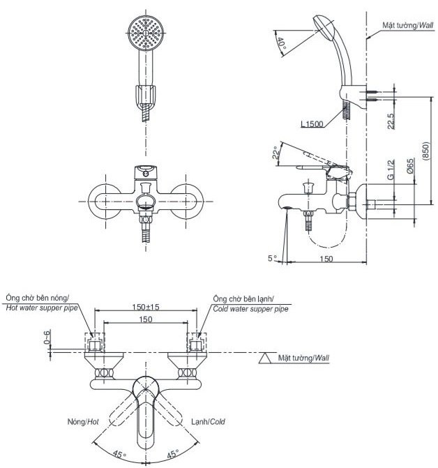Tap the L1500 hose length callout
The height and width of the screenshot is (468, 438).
click(311, 124)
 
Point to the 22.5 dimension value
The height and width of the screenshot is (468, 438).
click(392, 120)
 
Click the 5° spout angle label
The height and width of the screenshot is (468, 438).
click(271, 258)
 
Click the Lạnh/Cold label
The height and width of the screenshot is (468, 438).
click(208, 422)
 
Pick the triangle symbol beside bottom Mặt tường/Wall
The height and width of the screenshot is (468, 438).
click(266, 358)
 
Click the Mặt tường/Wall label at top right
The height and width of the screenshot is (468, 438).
click(408, 25)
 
